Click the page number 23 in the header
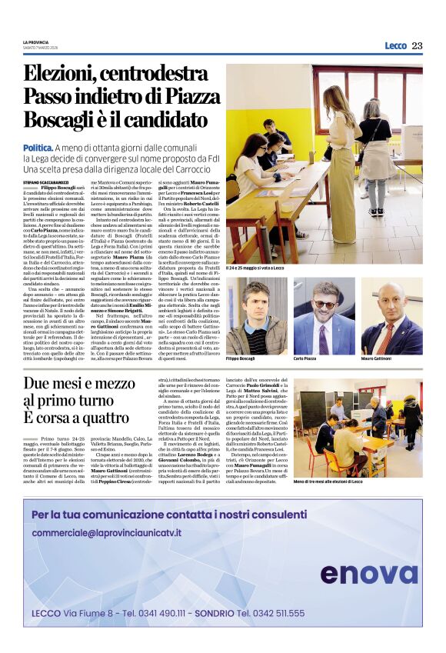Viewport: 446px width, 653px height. [x=417, y=45]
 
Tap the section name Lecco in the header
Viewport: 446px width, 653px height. [x=395, y=45]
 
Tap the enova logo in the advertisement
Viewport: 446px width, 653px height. [x=368, y=573]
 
